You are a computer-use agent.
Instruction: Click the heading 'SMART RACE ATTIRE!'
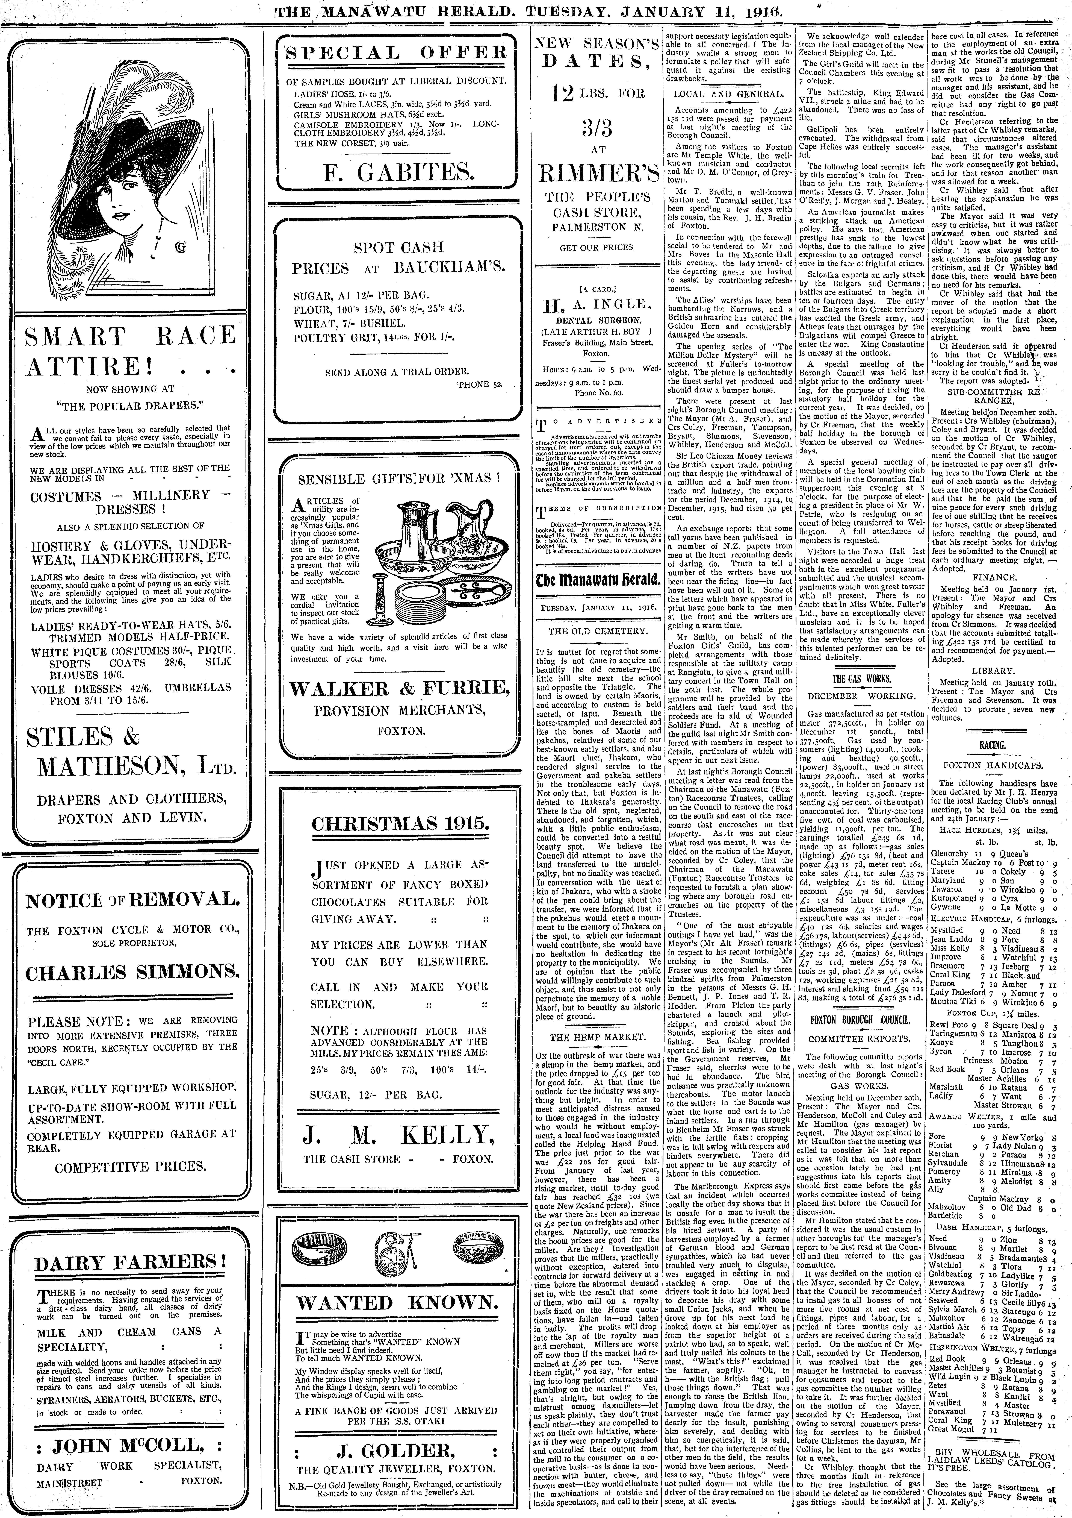(x=130, y=350)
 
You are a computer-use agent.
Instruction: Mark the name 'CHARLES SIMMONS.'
(x=132, y=973)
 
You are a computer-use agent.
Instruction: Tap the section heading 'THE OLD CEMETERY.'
(x=597, y=631)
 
